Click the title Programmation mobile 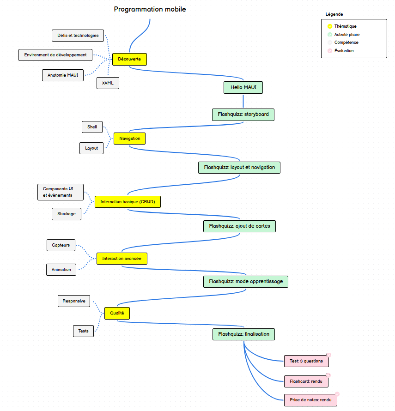150,9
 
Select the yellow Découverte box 129,59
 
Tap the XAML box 108,83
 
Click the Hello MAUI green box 243,87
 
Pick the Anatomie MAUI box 63,75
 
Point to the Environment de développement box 55,55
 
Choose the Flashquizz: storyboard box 243,114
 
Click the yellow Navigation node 129,139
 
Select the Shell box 92,127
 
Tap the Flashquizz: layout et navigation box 239,168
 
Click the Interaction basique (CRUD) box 128,202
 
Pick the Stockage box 67,214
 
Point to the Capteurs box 61,245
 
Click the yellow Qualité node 117,313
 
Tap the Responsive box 74,301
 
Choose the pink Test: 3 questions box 306,361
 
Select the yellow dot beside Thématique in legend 329,26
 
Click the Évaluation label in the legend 344,51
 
